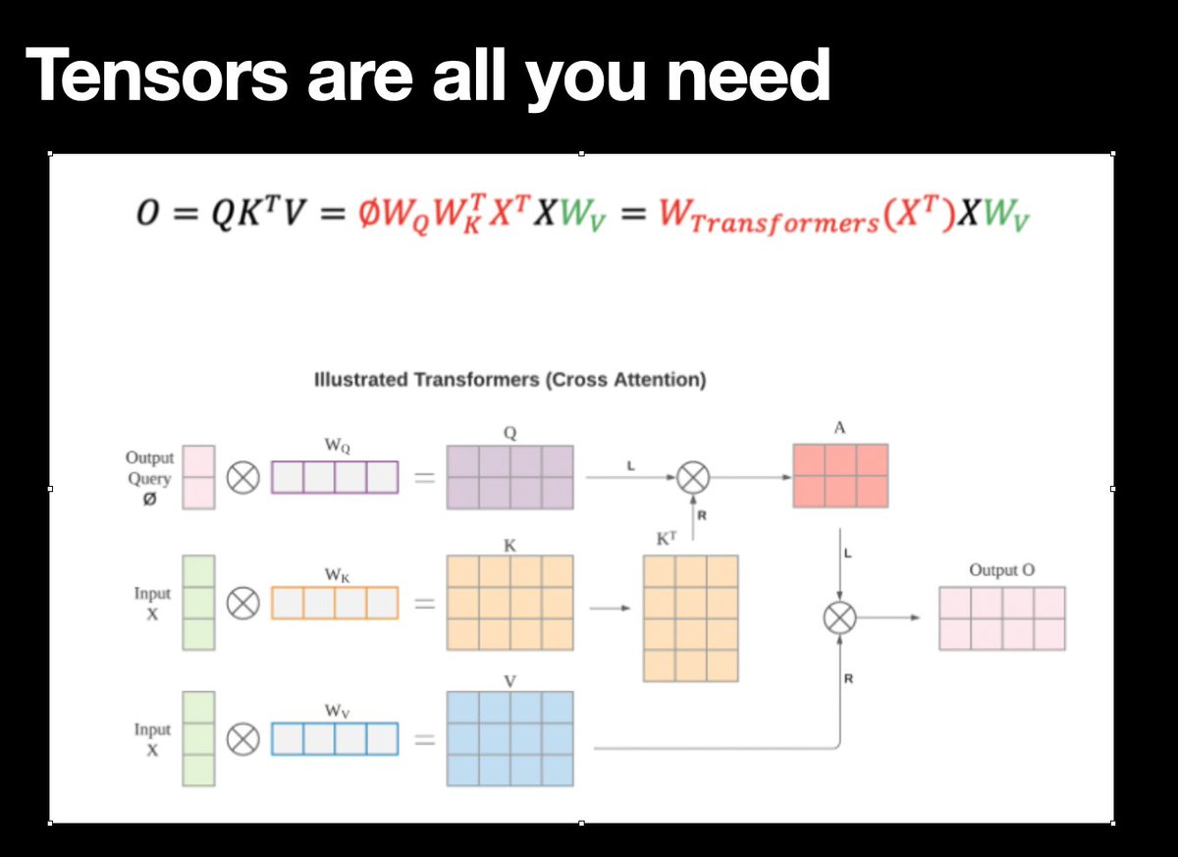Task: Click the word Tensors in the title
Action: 158,75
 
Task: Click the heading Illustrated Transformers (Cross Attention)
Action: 509,380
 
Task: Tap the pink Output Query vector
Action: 198,478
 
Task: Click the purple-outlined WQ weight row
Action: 335,477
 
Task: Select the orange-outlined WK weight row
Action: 335,603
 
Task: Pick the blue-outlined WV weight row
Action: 335,738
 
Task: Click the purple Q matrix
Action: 509,477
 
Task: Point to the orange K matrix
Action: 509,603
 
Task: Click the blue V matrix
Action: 509,738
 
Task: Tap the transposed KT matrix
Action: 690,617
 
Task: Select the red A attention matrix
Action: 840,476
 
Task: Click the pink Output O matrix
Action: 1001,618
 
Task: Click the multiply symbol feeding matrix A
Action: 694,477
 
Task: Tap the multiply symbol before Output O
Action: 839,617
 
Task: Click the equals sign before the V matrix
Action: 423,739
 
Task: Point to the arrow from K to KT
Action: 609,607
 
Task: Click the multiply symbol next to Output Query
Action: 243,478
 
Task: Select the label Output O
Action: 1001,570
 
